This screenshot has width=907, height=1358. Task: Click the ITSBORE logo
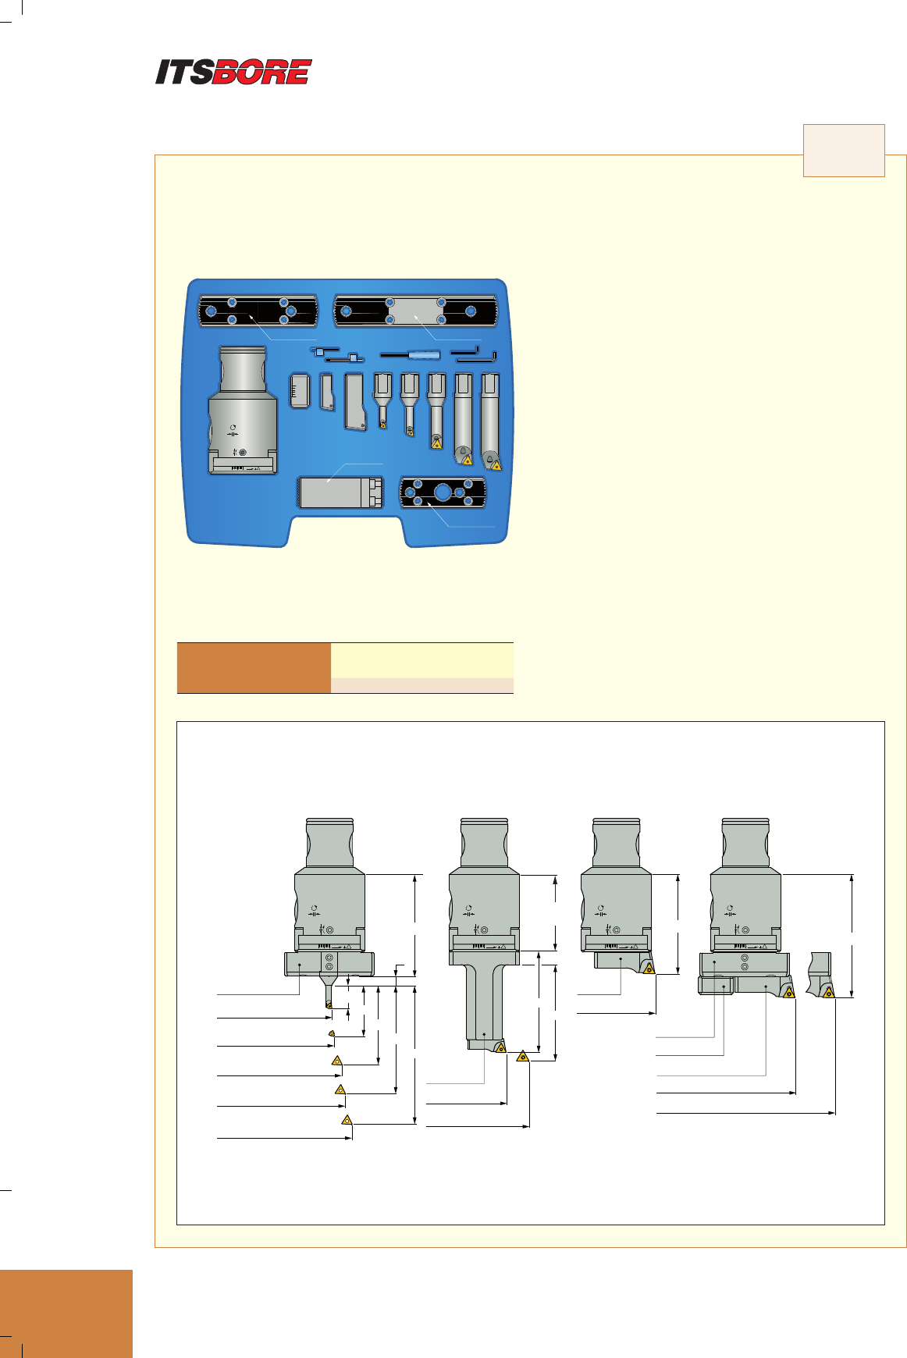click(x=233, y=72)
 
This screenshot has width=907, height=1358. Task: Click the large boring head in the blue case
click(x=242, y=410)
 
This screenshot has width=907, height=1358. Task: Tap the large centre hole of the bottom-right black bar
click(x=443, y=492)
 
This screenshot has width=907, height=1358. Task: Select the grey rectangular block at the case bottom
click(x=341, y=492)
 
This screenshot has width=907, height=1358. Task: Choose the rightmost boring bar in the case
click(x=490, y=421)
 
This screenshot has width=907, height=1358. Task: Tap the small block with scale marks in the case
click(x=300, y=389)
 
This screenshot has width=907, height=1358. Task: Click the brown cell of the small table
click(x=254, y=668)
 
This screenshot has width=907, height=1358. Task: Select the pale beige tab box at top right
click(x=844, y=150)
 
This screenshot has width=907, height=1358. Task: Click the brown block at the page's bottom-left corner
click(x=66, y=1314)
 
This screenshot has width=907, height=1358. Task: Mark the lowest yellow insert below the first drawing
click(x=347, y=1120)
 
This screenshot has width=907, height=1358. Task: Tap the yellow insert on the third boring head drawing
click(x=649, y=969)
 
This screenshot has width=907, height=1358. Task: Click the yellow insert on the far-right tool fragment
click(x=828, y=993)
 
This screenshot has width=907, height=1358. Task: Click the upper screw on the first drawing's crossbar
click(x=329, y=958)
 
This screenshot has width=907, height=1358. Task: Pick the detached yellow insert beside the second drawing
click(x=523, y=1057)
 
